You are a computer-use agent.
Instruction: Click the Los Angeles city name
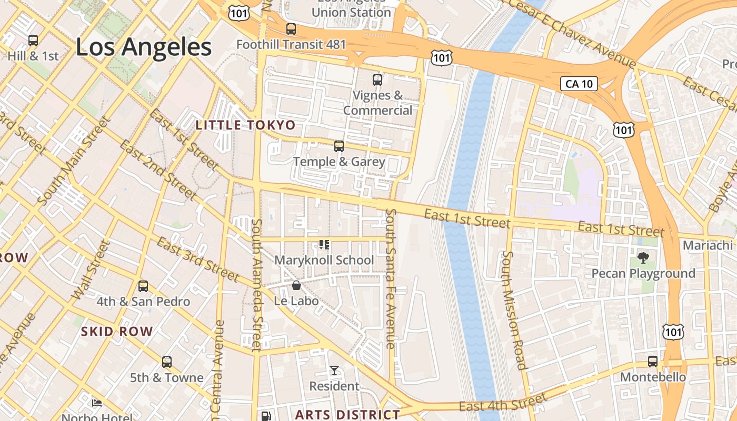coord(144,47)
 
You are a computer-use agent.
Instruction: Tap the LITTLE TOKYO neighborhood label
coord(245,125)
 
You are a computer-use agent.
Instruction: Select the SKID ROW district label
coord(117,332)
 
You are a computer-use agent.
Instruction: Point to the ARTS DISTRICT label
coord(347,415)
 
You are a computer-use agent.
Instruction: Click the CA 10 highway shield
coord(579,83)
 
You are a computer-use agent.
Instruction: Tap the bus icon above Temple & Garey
coord(339,146)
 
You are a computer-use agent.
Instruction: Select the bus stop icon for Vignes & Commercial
coord(377,80)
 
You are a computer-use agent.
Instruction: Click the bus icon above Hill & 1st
coord(33,40)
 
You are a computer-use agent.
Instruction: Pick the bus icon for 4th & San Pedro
coord(143,286)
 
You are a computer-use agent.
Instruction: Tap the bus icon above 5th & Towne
coord(167,362)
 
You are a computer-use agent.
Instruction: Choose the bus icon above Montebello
coord(653,362)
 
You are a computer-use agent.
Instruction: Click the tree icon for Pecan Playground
coord(643,257)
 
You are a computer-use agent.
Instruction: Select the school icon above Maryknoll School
coord(324,245)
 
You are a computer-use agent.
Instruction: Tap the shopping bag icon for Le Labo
coord(296,285)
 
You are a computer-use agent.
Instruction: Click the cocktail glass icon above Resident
coord(334,370)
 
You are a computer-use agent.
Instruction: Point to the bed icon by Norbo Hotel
coord(97,403)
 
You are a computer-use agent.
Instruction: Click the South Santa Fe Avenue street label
coord(391,279)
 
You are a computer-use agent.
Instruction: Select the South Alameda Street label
coord(256,284)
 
